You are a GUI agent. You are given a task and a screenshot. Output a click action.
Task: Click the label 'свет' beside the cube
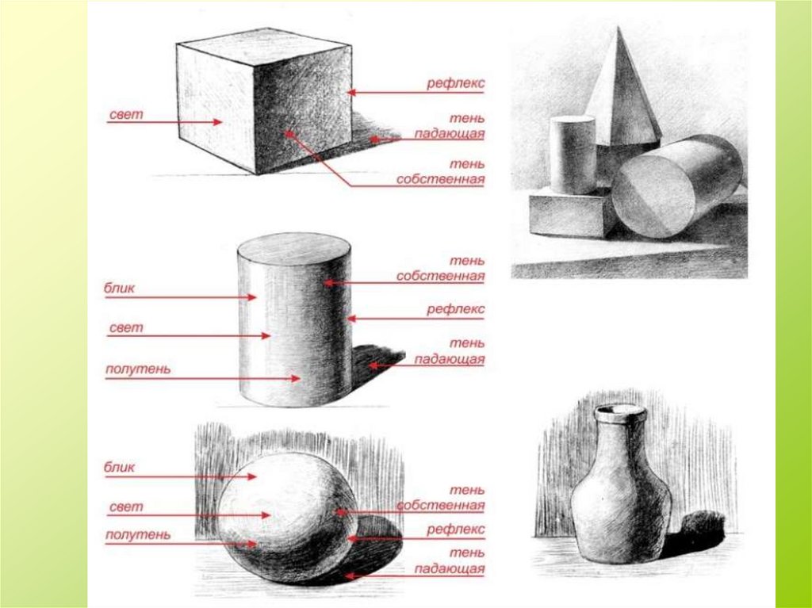pyautogui.click(x=126, y=114)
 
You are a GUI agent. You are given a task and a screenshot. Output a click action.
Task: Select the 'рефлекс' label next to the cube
pyautogui.click(x=455, y=83)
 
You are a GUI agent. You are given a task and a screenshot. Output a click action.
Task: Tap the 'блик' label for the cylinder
pyautogui.click(x=119, y=288)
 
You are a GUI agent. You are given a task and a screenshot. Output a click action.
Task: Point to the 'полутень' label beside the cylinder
pyautogui.click(x=138, y=369)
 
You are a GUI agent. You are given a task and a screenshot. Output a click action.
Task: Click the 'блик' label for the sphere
pyautogui.click(x=119, y=467)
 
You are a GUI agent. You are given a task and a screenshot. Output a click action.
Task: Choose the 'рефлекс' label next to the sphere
pyautogui.click(x=455, y=530)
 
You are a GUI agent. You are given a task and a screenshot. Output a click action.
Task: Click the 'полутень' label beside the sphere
pyautogui.click(x=138, y=534)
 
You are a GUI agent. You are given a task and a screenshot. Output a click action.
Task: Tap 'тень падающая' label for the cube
pyautogui.click(x=450, y=126)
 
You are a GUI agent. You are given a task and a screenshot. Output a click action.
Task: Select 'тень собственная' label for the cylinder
pyautogui.click(x=441, y=268)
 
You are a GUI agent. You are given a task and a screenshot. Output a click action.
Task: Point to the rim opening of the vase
pyautogui.click(x=620, y=411)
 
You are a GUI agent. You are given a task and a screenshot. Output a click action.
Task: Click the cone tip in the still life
pyautogui.click(x=619, y=29)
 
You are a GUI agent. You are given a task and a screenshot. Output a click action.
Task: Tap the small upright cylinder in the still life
pyautogui.click(x=573, y=155)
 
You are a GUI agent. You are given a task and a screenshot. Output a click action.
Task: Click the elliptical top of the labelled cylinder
pyautogui.click(x=294, y=250)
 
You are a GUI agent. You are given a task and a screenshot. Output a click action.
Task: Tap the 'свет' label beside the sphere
pyautogui.click(x=126, y=507)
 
